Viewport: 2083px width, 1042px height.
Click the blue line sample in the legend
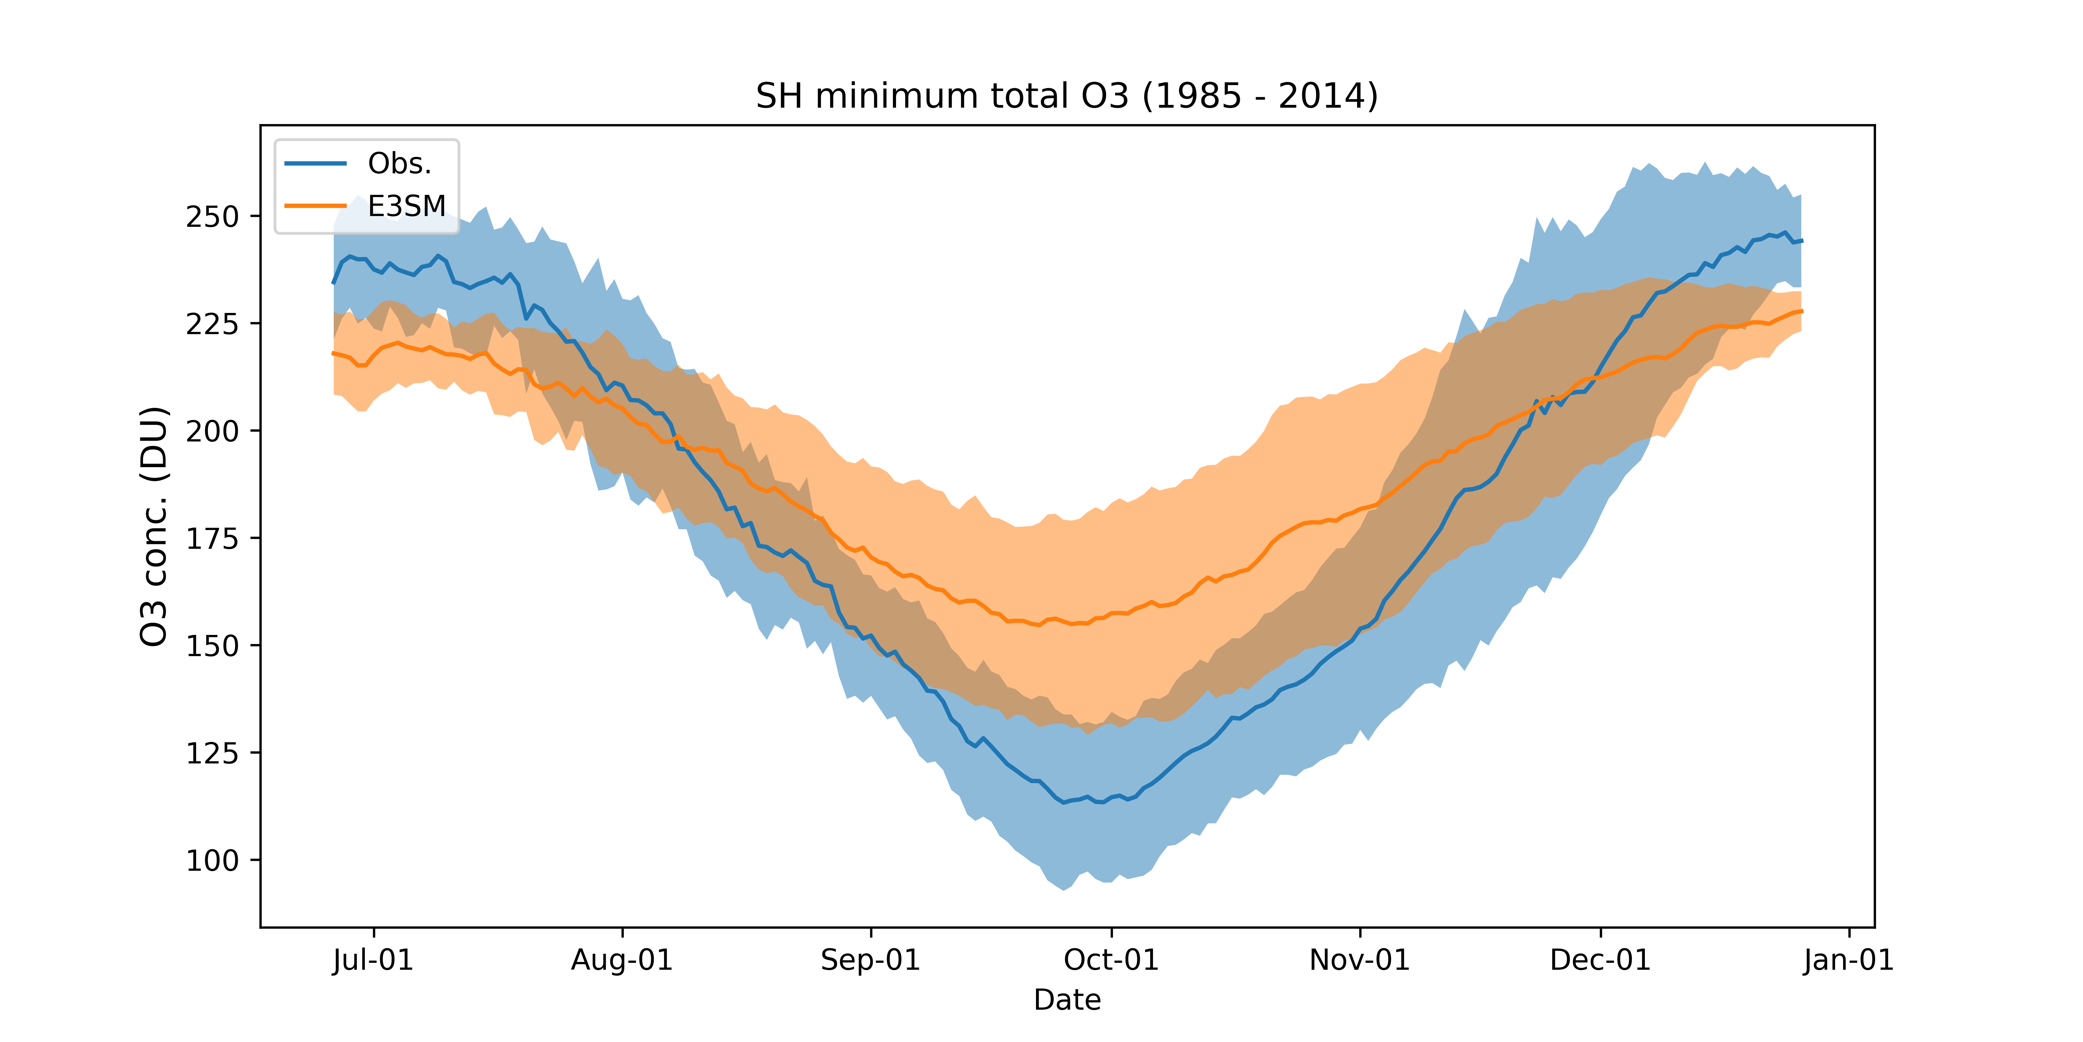[315, 163]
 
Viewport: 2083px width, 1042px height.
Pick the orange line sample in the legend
[315, 206]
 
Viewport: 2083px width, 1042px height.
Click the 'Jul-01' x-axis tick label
[373, 960]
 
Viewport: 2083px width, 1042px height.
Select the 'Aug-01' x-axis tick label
[622, 960]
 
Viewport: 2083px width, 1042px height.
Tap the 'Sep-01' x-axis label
[871, 960]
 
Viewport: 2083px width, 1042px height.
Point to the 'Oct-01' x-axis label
[1111, 960]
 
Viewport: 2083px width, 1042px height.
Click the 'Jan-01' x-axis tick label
[1849, 960]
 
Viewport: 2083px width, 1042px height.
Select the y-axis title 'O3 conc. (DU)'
[154, 526]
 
